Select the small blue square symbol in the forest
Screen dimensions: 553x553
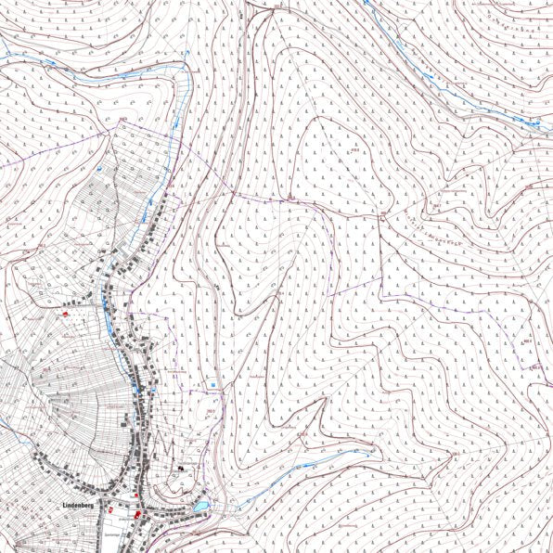click(x=212, y=382)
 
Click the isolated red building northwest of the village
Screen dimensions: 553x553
click(x=66, y=315)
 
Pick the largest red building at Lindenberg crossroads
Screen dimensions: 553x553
click(x=136, y=512)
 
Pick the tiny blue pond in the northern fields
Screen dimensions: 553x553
click(x=99, y=170)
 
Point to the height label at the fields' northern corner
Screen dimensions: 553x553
click(x=121, y=120)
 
